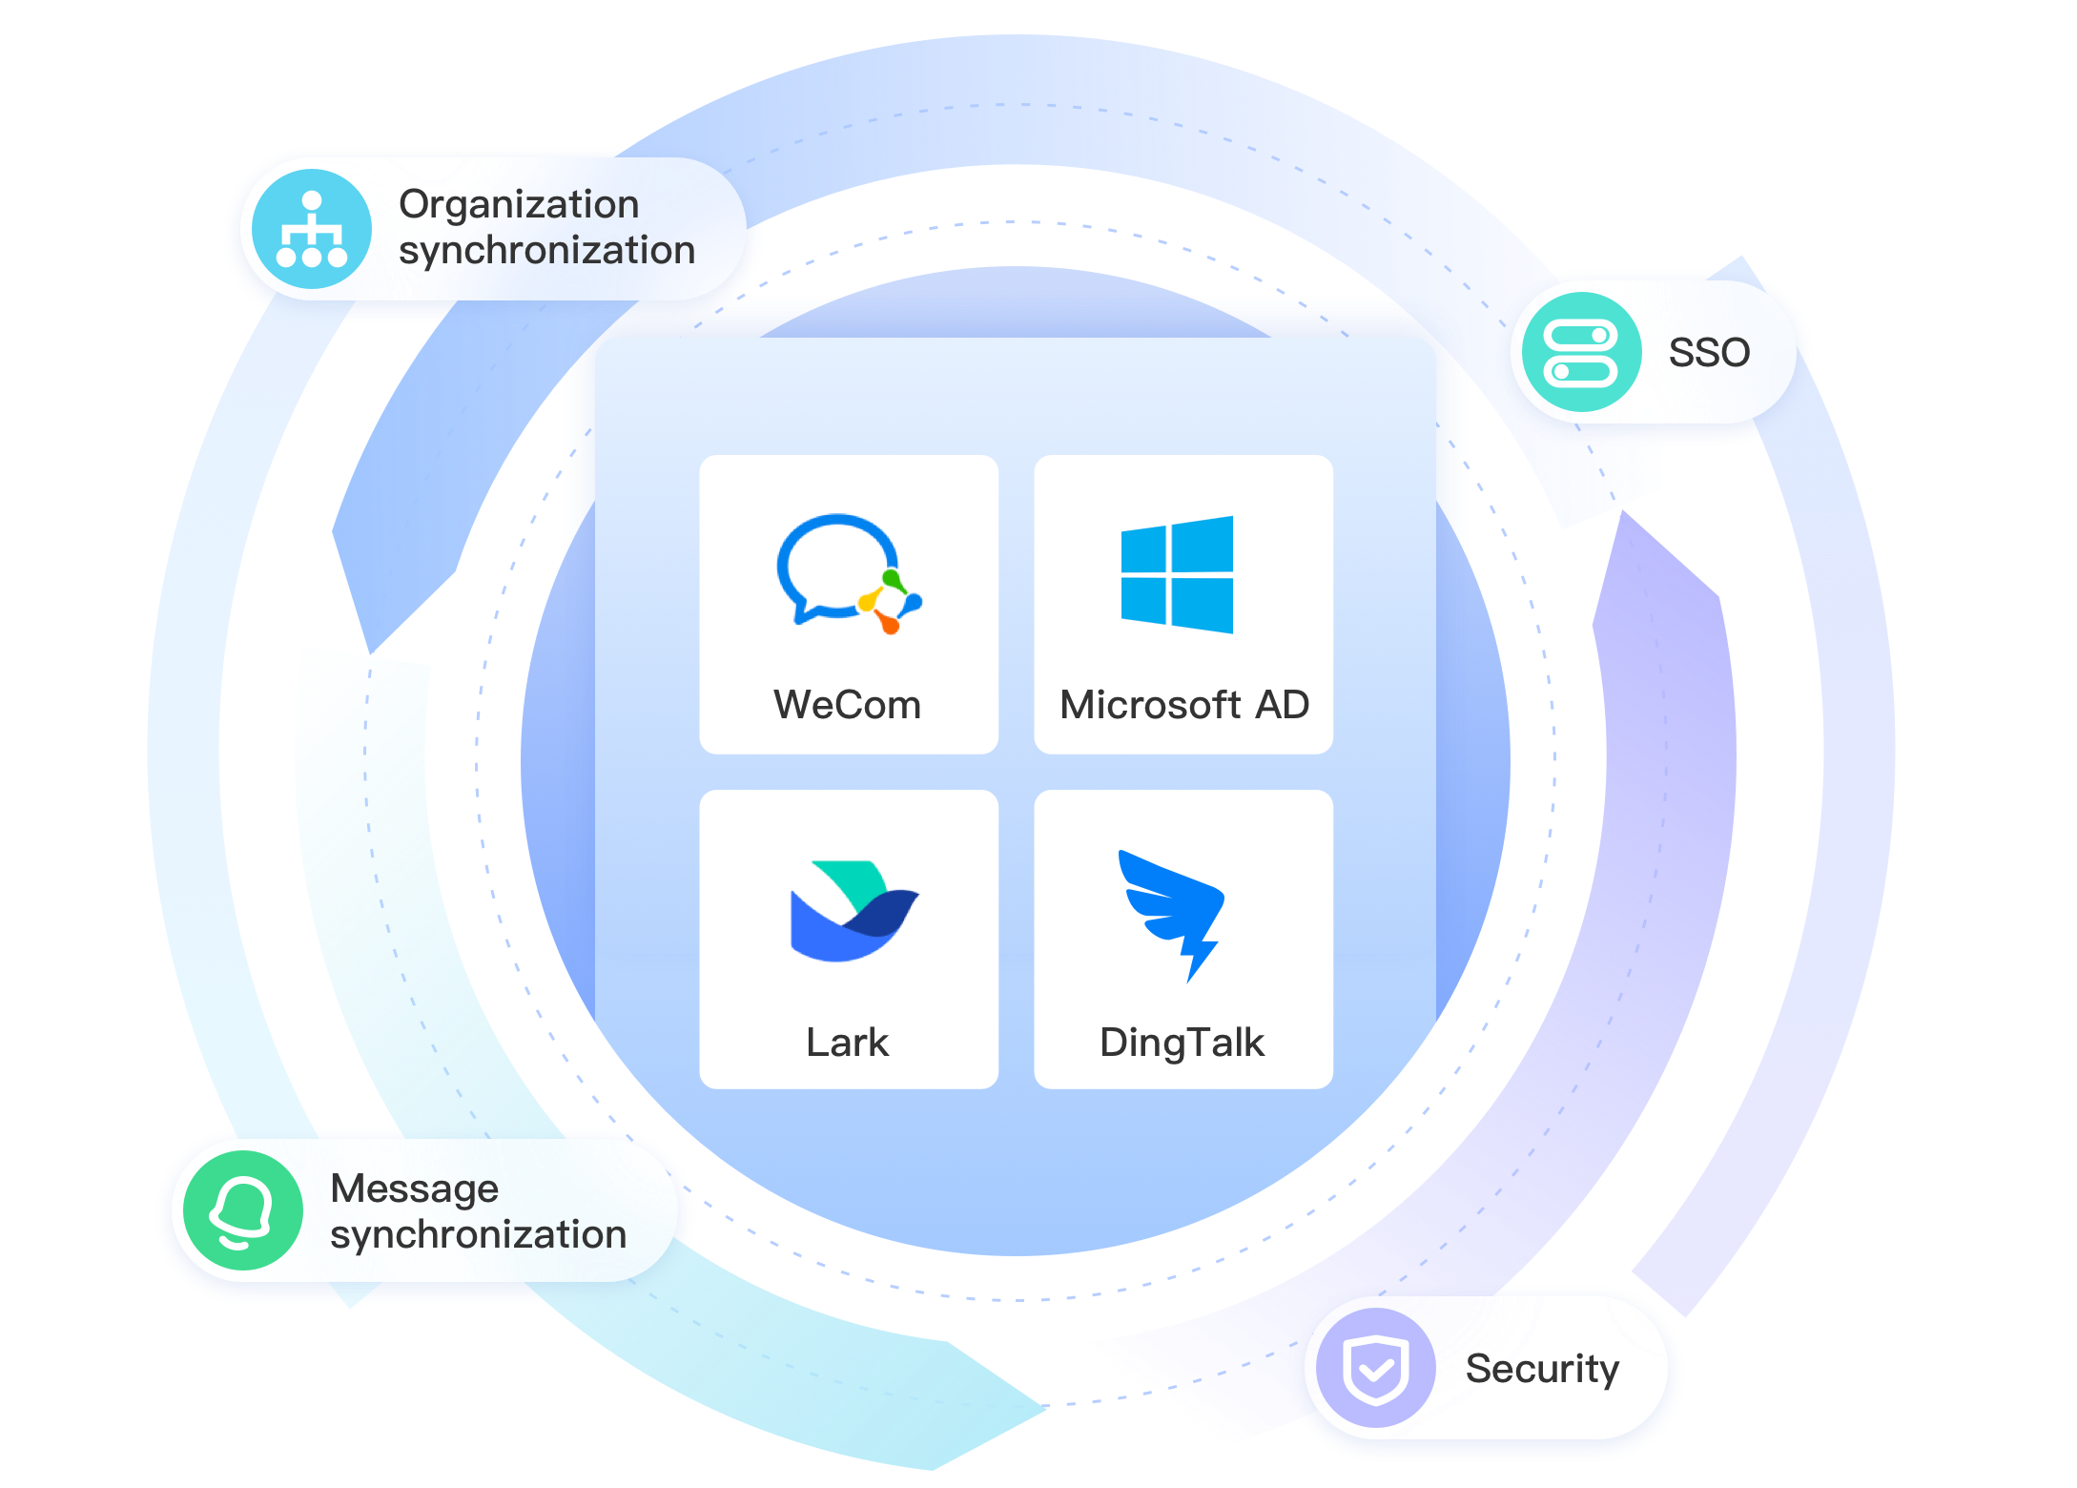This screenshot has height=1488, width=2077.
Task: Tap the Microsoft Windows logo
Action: (1177, 574)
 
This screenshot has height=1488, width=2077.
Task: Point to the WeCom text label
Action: (847, 705)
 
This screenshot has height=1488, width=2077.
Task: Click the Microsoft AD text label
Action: (1183, 705)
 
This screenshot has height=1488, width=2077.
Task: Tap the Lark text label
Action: (847, 1042)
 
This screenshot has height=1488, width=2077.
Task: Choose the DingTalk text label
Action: (1182, 1043)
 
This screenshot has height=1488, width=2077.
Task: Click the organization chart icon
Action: (311, 229)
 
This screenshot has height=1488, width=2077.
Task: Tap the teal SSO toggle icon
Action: (1581, 352)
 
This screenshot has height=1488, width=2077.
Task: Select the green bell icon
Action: (242, 1209)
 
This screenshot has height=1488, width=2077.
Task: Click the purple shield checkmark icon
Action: (1375, 1368)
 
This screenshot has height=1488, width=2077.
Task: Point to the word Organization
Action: (519, 204)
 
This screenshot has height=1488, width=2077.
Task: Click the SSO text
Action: (1709, 353)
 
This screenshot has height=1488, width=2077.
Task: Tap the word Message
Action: (414, 1188)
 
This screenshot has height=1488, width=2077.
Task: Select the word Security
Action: (1542, 1369)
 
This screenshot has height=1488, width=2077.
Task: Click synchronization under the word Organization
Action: (546, 251)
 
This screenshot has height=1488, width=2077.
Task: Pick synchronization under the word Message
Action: (478, 1235)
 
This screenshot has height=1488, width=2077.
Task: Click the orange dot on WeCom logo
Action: (889, 625)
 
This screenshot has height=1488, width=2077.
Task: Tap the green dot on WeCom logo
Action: (892, 578)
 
